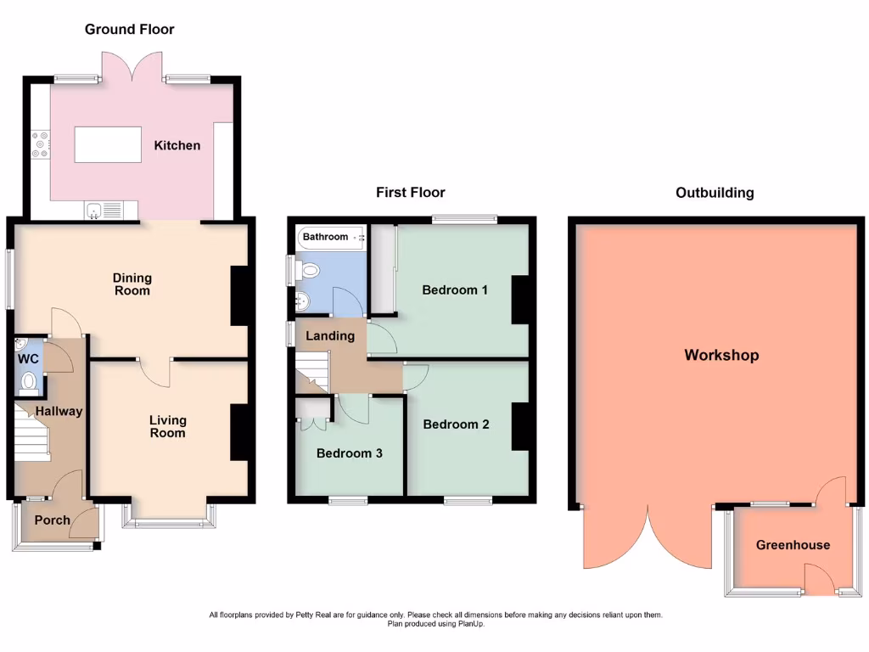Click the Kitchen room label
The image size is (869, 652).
coord(177,145)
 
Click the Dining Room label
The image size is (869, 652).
coord(132,284)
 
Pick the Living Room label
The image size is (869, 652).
coord(167,426)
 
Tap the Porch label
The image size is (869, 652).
coord(52,520)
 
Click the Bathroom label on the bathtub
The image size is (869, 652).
coord(326,237)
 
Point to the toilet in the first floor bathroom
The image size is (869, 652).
coord(309,271)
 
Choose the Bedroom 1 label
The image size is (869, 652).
coord(455,289)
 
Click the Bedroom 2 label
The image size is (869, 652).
coord(456,424)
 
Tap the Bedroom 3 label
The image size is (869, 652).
coord(349,453)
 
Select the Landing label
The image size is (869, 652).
coord(330,336)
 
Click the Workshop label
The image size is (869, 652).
coord(721,355)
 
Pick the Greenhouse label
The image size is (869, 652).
coord(793,545)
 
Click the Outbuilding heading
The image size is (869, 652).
coord(715,193)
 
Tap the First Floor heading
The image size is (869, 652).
coord(411,193)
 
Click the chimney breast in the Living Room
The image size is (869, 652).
coord(238,432)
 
